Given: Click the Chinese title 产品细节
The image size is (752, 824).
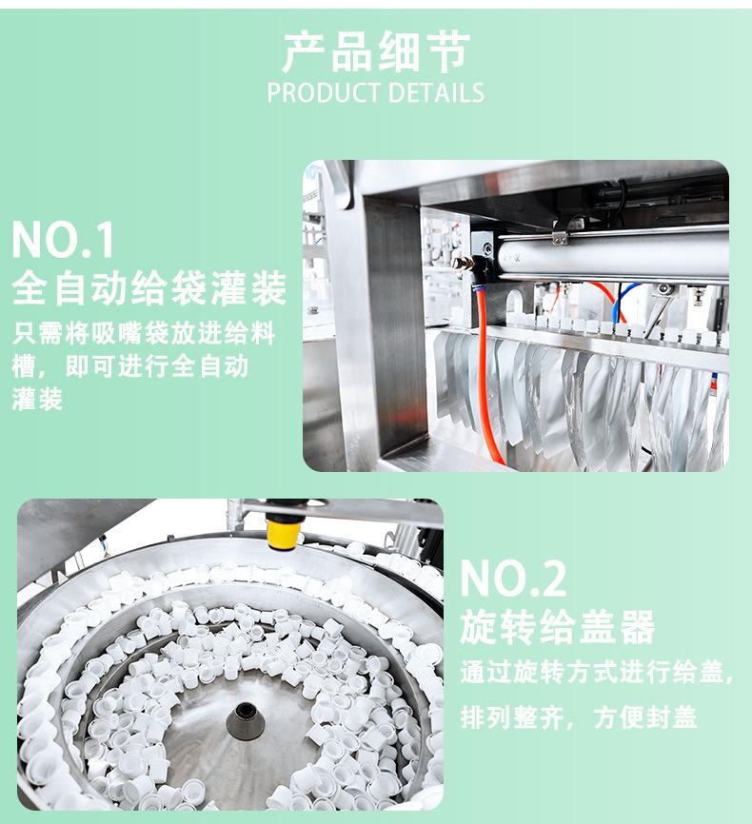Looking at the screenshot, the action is pos(376,51).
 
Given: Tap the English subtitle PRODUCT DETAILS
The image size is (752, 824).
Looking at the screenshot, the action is pos(375,93).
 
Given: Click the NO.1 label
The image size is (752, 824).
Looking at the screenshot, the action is pos(63,240).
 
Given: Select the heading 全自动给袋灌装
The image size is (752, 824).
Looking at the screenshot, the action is pos(148,288).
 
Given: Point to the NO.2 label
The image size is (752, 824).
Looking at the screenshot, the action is pos(513,579).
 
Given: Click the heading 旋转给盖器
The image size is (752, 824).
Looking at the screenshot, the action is pos(558,626).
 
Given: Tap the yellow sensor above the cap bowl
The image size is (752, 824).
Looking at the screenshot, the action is pos(285,531).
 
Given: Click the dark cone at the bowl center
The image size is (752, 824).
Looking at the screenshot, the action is pos(245,721).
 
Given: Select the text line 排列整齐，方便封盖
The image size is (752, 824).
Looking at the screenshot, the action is pos(579,716).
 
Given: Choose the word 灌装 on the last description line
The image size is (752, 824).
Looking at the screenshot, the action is pos(37,399).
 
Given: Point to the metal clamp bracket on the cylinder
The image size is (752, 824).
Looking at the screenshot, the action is pos(560,234).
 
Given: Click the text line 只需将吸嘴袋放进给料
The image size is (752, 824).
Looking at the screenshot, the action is pos(144,333).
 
